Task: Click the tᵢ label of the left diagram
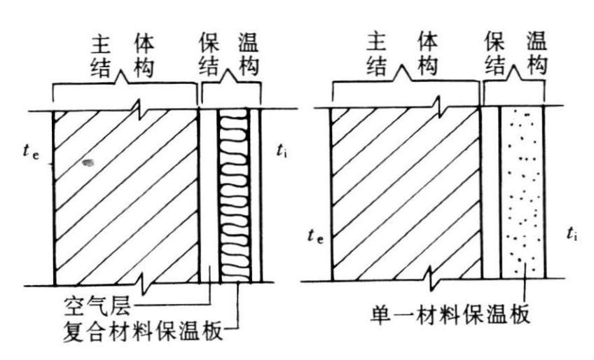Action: (281, 151)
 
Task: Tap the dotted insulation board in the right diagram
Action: (523, 193)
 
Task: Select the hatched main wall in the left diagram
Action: (126, 196)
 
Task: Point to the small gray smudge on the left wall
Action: (88, 162)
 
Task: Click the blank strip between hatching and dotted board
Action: (492, 193)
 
